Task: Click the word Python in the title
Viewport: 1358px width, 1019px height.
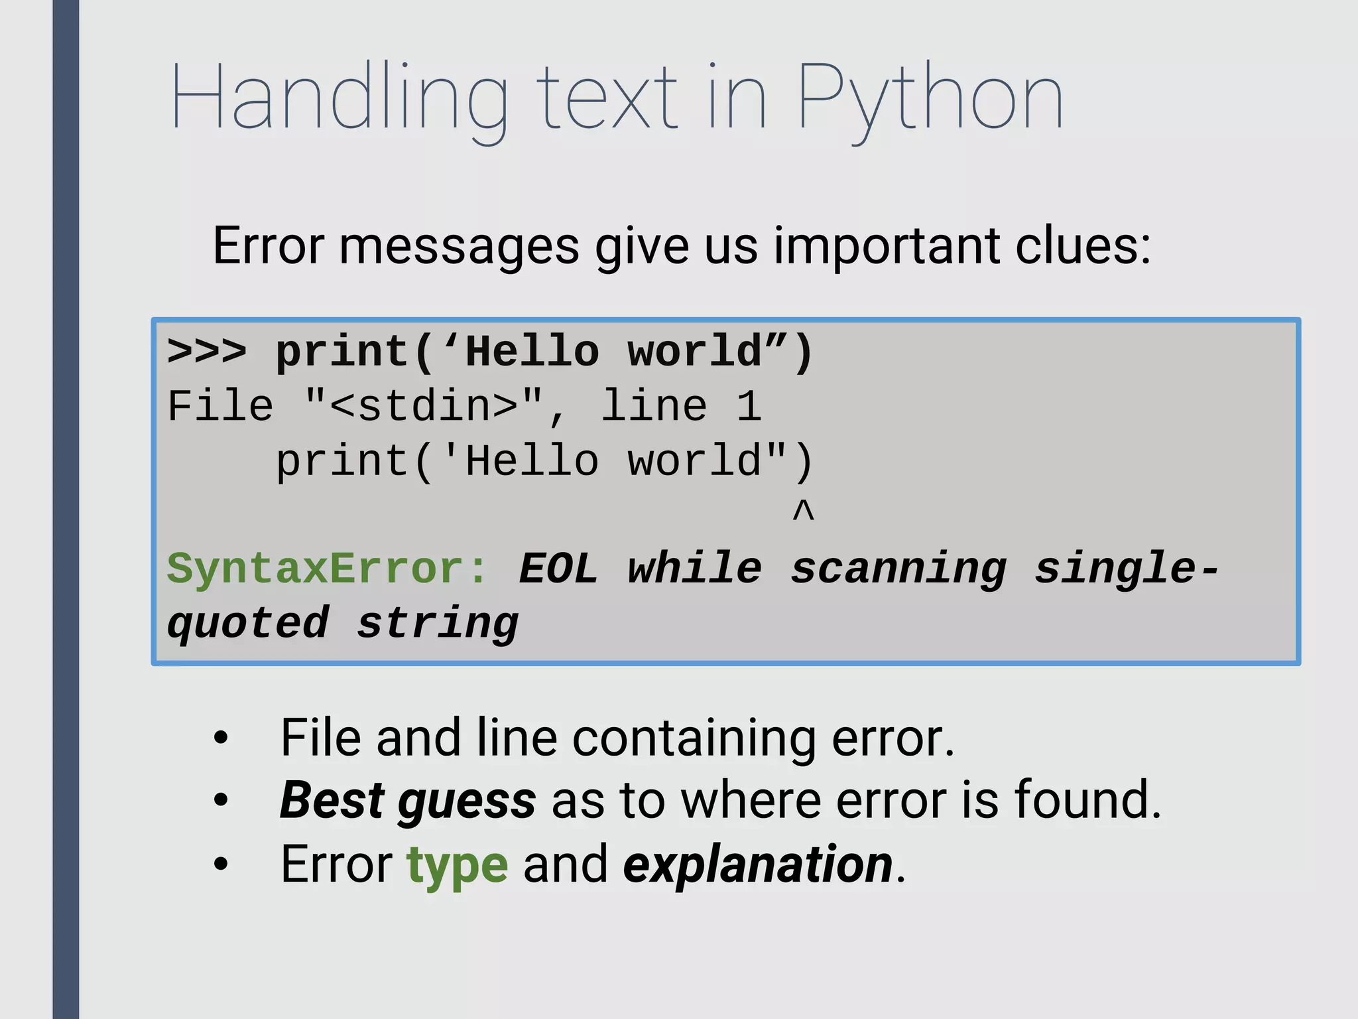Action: pyautogui.click(x=930, y=100)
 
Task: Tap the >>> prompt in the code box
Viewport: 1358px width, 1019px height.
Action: pyautogui.click(x=206, y=351)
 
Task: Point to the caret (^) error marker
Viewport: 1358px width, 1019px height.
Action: pyautogui.click(x=803, y=511)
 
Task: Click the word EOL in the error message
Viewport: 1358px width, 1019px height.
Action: pyautogui.click(x=558, y=569)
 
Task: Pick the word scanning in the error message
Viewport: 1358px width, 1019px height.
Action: pyautogui.click(x=898, y=569)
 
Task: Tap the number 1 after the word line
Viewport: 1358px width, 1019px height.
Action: pyautogui.click(x=749, y=406)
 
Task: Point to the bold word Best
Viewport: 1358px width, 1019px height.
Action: pyautogui.click(x=332, y=800)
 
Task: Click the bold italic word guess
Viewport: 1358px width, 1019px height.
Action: pyautogui.click(x=467, y=801)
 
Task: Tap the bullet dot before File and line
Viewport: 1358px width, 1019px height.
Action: pyautogui.click(x=221, y=738)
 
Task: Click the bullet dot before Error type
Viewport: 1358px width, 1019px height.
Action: pyautogui.click(x=221, y=864)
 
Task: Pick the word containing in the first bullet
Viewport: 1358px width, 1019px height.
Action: pyautogui.click(x=694, y=738)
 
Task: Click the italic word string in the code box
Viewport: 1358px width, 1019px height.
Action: pyautogui.click(x=438, y=624)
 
